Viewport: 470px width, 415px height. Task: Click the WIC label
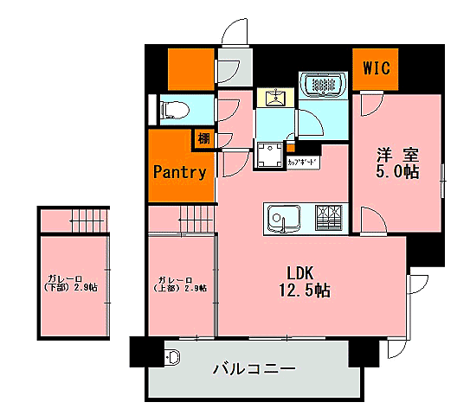click(x=375, y=67)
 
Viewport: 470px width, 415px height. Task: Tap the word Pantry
click(x=179, y=171)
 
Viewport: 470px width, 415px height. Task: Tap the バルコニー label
click(x=254, y=369)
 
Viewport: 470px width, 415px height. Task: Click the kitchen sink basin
click(x=280, y=218)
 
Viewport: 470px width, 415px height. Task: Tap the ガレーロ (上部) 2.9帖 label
click(x=181, y=284)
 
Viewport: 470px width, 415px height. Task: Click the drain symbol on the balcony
click(x=171, y=356)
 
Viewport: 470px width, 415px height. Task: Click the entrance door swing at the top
click(x=233, y=34)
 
